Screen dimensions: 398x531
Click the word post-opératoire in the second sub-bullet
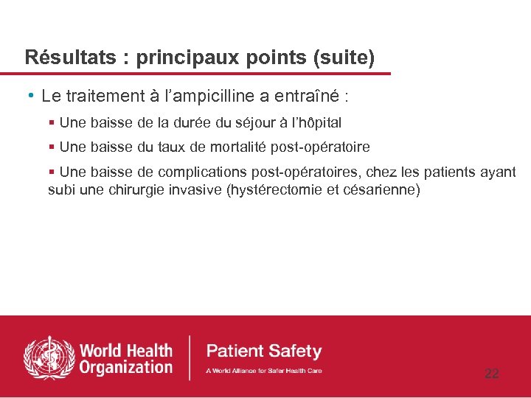pyautogui.click(x=321, y=147)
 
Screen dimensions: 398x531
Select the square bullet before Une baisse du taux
pyautogui.click(x=52, y=147)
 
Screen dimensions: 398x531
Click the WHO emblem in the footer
pyautogui.click(x=49, y=357)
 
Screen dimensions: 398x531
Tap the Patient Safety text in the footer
pyautogui.click(x=264, y=352)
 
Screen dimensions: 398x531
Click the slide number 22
pyautogui.click(x=491, y=374)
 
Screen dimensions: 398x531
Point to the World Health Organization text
pyautogui.click(x=126, y=359)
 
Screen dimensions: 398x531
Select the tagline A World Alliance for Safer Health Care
pyautogui.click(x=263, y=371)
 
